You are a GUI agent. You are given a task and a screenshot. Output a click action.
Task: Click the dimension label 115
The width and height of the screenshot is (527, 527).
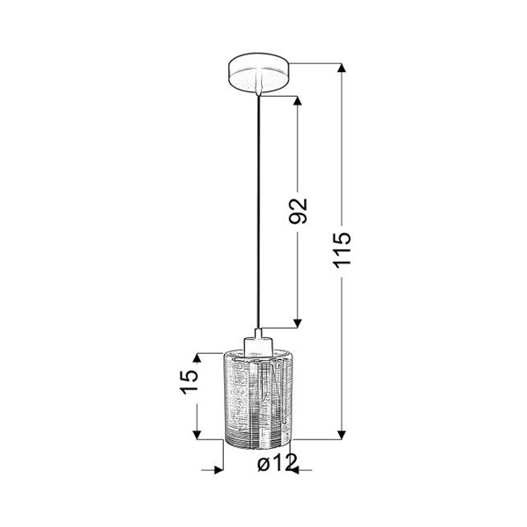pos(343,249)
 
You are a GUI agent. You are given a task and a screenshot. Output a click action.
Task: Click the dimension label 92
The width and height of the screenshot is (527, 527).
pos(298,211)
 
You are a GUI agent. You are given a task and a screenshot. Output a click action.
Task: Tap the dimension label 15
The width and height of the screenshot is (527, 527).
pos(189,382)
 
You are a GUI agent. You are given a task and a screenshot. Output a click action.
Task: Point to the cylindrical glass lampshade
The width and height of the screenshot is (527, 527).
pos(257,399)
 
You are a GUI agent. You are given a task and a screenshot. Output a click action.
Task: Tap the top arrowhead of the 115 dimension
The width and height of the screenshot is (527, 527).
pos(342,68)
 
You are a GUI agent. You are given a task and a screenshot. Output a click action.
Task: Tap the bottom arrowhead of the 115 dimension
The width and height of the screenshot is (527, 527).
pos(342,435)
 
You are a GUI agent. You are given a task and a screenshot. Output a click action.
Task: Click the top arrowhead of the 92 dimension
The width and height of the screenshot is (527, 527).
pos(298,100)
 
